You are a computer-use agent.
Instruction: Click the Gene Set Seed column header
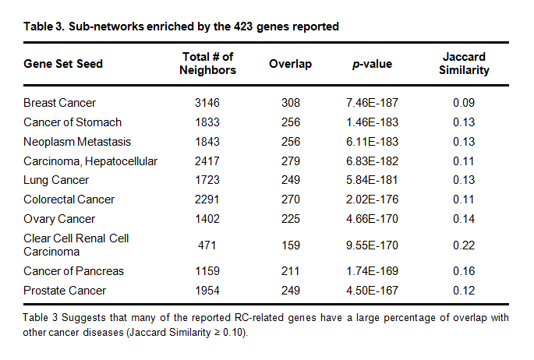(63, 63)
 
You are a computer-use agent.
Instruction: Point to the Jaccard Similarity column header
(465, 63)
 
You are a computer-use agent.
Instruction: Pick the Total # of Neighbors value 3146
(207, 103)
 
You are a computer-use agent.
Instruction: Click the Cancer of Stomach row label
(72, 122)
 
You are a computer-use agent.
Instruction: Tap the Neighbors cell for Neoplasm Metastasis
(207, 141)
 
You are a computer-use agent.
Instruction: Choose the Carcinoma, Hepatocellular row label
(90, 161)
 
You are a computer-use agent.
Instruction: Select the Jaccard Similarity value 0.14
(465, 218)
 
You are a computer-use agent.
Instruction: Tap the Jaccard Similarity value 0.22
(465, 245)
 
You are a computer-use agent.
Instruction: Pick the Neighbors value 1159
(207, 271)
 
